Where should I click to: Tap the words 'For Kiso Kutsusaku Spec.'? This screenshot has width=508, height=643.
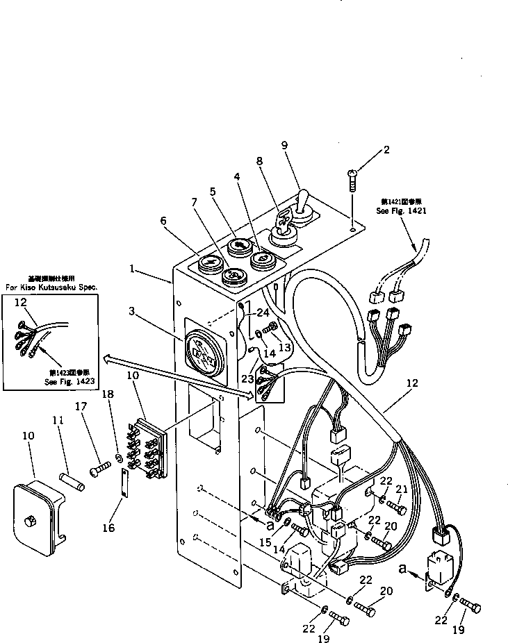pos(51,286)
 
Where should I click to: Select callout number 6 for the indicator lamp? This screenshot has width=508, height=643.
pos(163,220)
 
